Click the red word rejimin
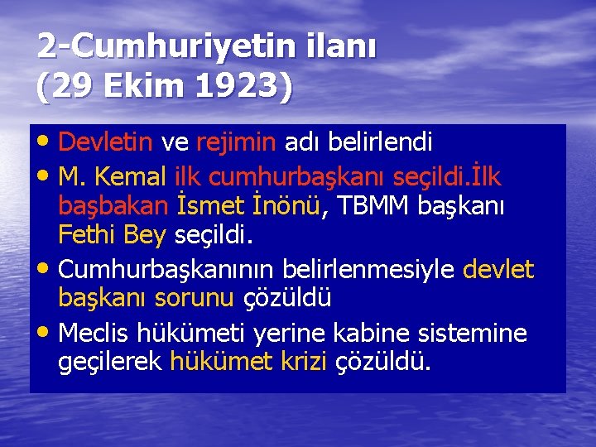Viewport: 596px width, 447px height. click(236, 142)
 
